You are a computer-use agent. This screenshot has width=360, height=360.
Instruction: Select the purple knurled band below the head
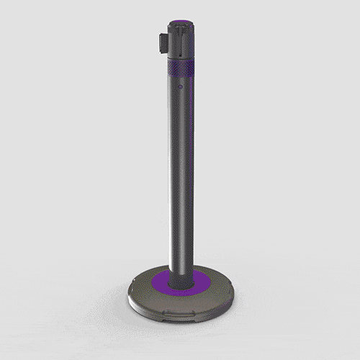(x=181, y=69)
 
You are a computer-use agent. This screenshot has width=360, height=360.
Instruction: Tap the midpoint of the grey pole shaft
(x=181, y=173)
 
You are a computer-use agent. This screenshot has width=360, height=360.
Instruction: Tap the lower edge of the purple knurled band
(x=181, y=77)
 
